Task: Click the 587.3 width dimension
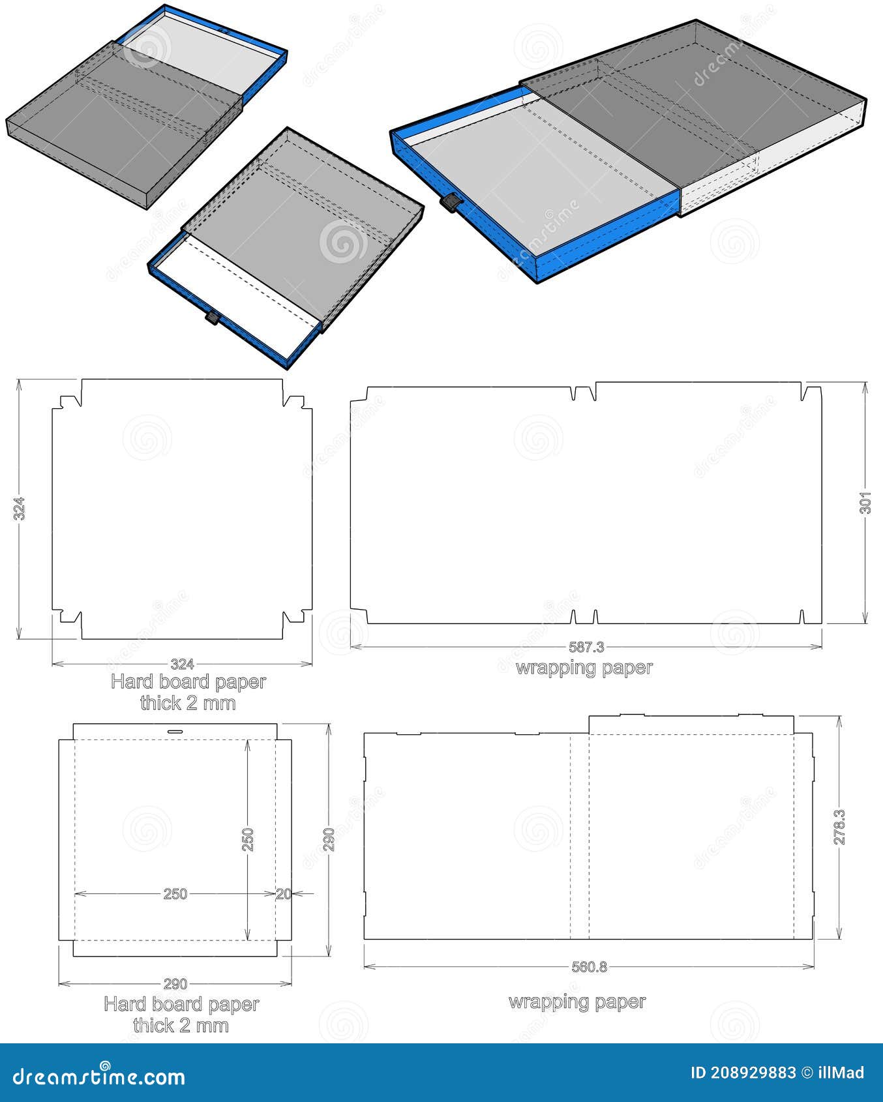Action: tap(586, 647)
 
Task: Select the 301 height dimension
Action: tap(865, 503)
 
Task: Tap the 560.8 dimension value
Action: tap(589, 966)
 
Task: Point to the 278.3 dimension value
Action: tap(839, 827)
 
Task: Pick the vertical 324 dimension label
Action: tap(20, 509)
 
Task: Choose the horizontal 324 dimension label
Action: tap(182, 664)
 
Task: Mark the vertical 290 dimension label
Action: tap(329, 840)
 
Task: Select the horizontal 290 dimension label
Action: tap(175, 983)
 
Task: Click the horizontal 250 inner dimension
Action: tap(175, 894)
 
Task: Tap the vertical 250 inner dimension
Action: tap(248, 840)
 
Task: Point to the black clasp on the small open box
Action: tap(212, 318)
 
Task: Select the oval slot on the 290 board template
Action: tap(175, 732)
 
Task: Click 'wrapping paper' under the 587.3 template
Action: tap(584, 668)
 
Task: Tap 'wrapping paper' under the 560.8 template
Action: tap(577, 1002)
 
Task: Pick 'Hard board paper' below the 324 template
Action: tap(188, 682)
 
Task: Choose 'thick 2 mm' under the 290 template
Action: tap(181, 1025)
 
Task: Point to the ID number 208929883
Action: tap(753, 1073)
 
